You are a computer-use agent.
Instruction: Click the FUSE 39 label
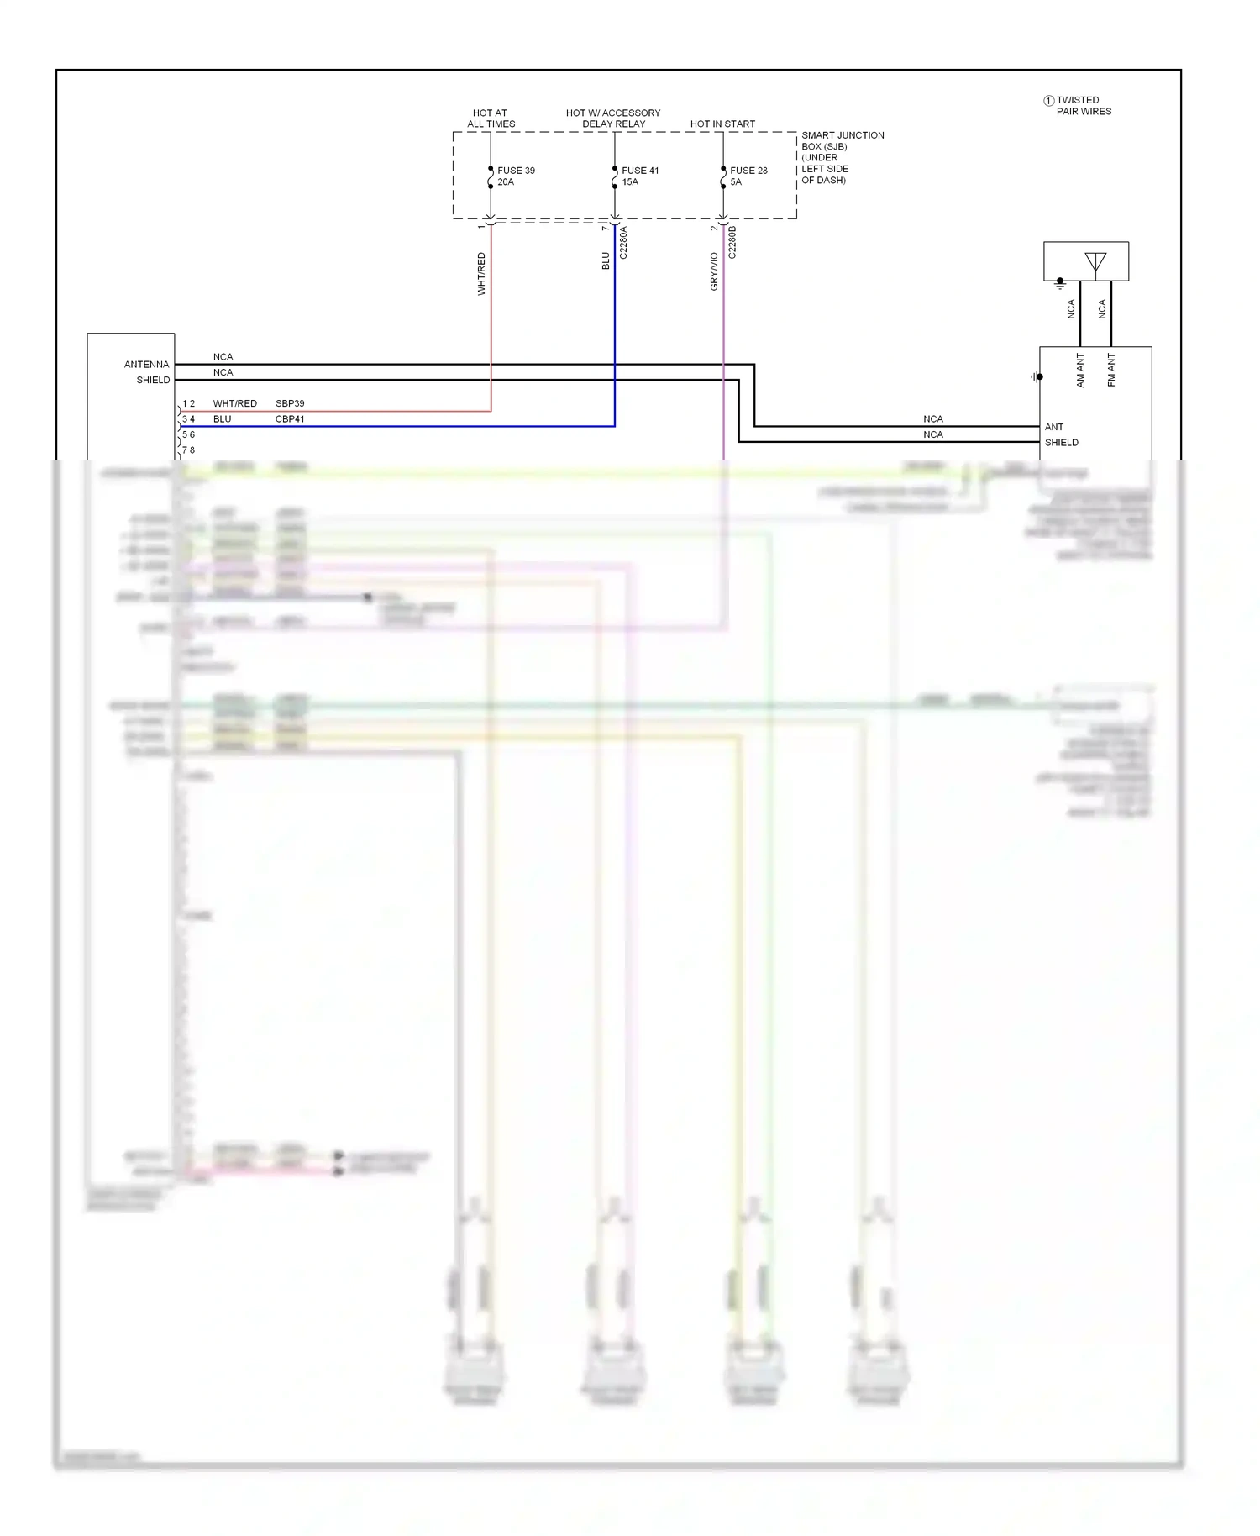(x=515, y=171)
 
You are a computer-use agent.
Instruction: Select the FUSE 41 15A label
(x=640, y=176)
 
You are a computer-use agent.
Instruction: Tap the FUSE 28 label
(x=748, y=171)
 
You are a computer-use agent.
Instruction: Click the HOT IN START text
(x=722, y=124)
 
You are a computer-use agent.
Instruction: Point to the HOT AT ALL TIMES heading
(x=491, y=118)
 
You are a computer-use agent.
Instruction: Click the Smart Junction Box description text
(x=842, y=157)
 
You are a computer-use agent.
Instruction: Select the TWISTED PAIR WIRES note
(x=1083, y=106)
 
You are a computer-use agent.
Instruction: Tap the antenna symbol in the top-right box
(x=1095, y=262)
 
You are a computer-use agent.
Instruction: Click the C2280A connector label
(x=623, y=242)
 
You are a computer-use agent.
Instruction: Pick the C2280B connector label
(x=732, y=242)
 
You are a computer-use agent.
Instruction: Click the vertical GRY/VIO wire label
(x=714, y=271)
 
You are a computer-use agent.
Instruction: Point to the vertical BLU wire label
(x=606, y=261)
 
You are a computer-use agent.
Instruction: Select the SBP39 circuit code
(x=290, y=403)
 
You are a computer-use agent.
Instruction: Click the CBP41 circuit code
(x=290, y=419)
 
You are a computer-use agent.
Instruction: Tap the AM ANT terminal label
(x=1080, y=370)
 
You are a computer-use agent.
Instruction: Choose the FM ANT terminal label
(x=1111, y=370)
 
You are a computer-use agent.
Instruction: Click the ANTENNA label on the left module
(x=146, y=365)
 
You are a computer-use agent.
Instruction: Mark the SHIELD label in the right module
(x=1061, y=443)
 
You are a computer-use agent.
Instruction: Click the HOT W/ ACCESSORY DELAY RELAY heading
(x=613, y=118)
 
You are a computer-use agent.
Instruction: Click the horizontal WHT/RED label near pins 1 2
(x=234, y=403)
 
